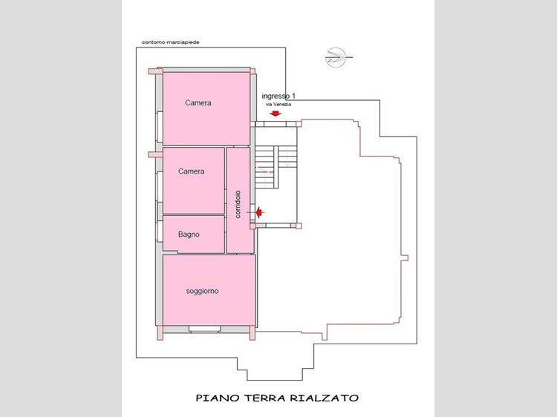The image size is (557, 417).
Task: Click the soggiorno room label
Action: (202, 292)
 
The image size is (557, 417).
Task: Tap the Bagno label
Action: (189, 234)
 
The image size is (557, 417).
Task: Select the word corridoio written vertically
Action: (238, 204)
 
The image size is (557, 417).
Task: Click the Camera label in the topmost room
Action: (198, 103)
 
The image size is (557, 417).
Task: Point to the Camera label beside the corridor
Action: (191, 171)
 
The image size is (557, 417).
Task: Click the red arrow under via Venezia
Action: (276, 114)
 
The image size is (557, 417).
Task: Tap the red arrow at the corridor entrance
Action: (260, 212)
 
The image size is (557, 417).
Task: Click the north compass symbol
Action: (336, 57)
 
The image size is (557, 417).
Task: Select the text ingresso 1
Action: (278, 96)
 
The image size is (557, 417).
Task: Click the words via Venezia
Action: (278, 105)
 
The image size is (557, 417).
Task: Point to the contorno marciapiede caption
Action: (171, 42)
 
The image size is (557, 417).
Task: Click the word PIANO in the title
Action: (218, 398)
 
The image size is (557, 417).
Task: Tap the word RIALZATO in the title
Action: (325, 398)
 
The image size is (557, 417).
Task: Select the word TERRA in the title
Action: (265, 398)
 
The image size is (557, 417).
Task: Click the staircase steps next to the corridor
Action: (276, 167)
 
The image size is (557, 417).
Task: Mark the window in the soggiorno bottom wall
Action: (205, 329)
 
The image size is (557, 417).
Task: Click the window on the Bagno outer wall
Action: (160, 232)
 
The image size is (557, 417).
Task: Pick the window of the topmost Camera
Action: (160, 127)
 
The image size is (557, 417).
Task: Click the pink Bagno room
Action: (194, 234)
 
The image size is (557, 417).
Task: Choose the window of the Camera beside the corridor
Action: (160, 187)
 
